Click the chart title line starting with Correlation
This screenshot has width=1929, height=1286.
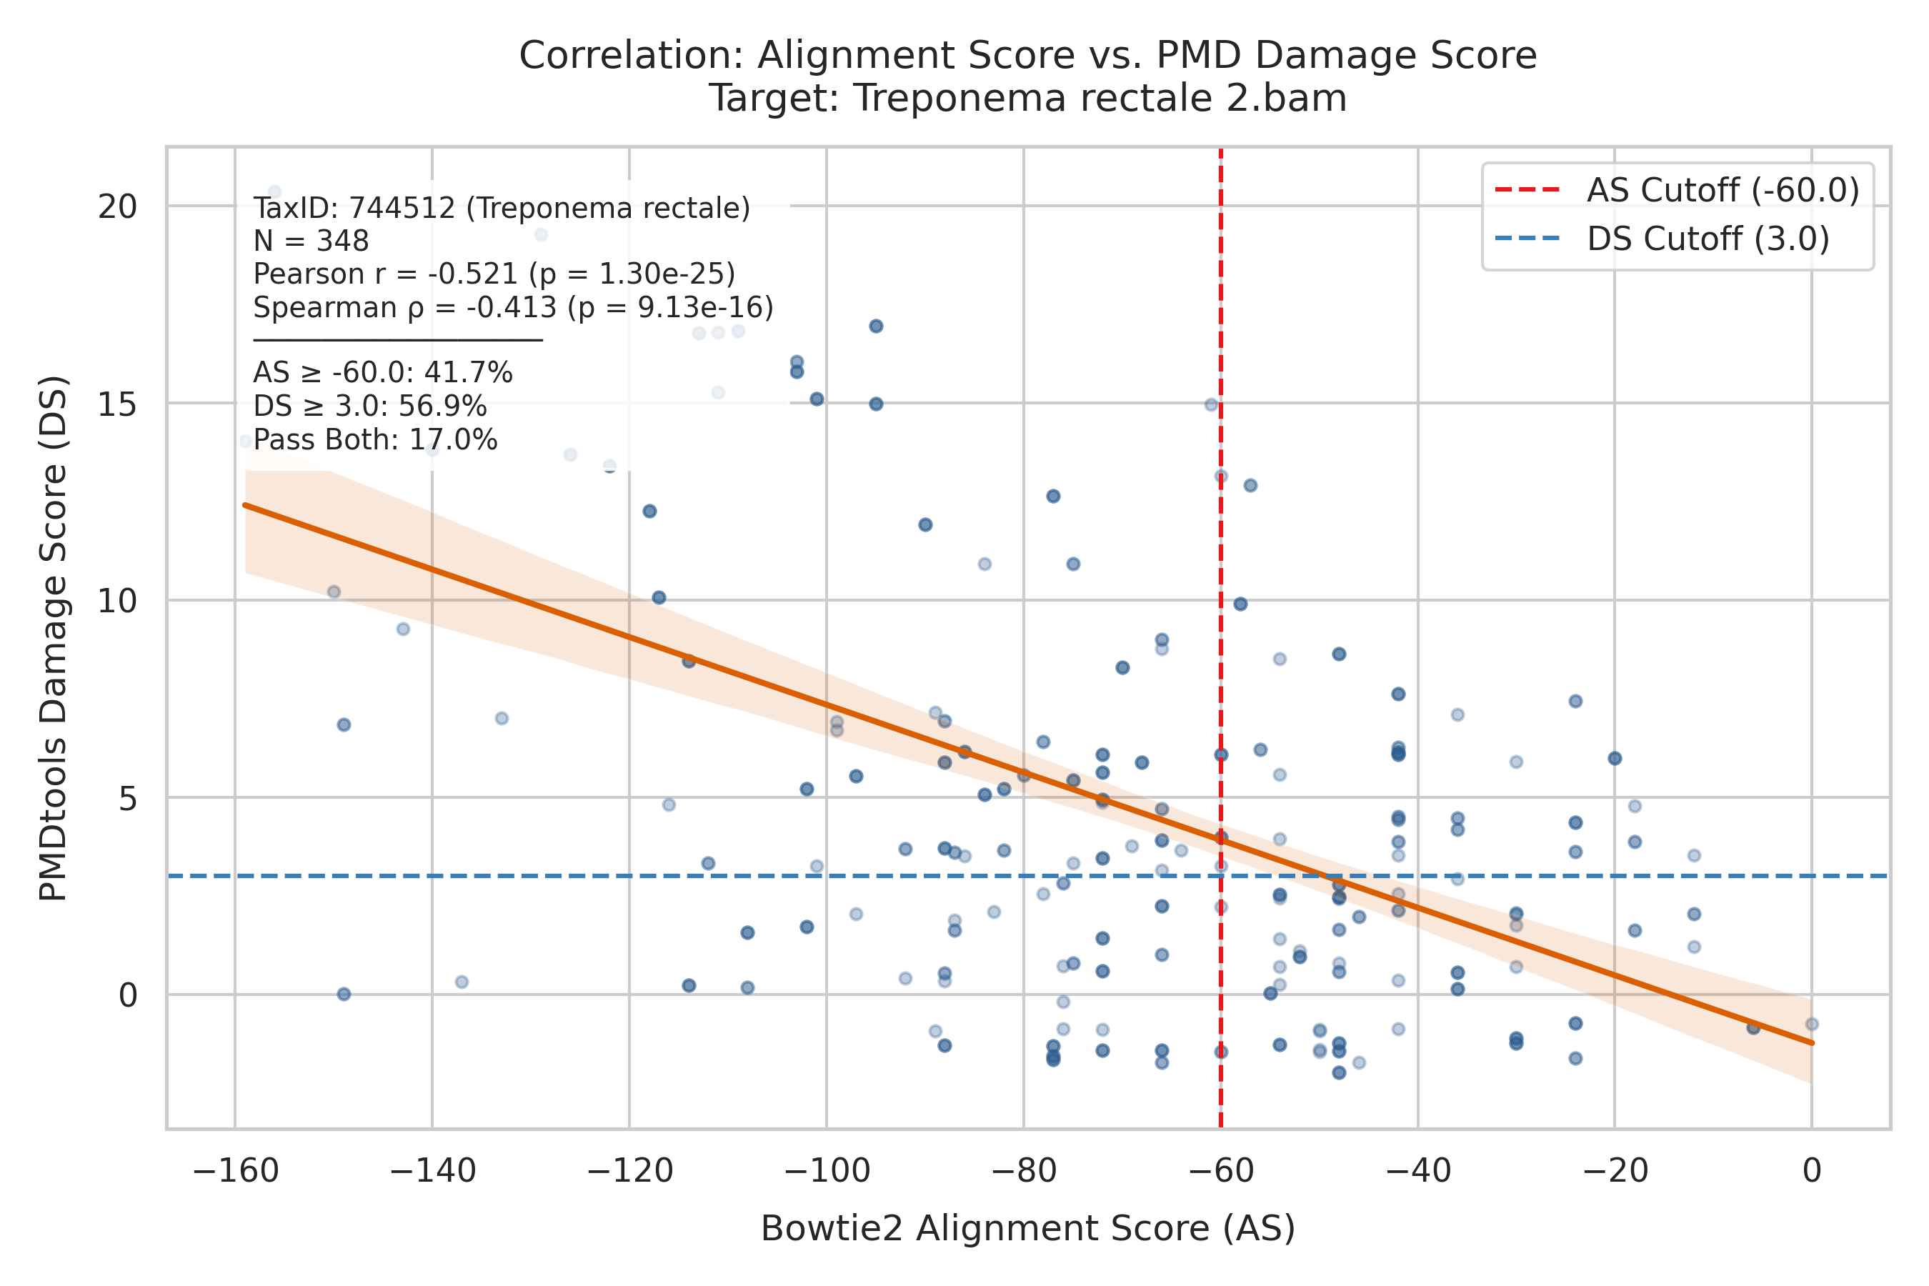coord(1027,56)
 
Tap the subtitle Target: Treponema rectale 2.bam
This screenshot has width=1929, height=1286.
coord(1027,99)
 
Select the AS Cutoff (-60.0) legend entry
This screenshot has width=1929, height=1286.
coord(1678,190)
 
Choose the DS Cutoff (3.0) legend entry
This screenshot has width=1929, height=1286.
coord(1663,239)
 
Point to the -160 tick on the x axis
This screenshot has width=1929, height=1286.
coord(235,1170)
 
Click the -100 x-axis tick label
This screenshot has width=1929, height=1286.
coord(827,1170)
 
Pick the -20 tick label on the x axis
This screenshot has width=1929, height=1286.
coord(1615,1170)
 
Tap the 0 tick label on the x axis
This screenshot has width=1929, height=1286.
coord(1812,1170)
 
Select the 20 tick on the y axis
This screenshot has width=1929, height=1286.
coord(117,206)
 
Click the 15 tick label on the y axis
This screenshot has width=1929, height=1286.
coord(117,404)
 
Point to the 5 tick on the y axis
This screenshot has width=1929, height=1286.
coord(128,798)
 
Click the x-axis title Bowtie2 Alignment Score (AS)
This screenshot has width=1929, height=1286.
coord(1027,1229)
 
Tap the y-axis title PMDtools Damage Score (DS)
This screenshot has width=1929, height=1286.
coord(54,638)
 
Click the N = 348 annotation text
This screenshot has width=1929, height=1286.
coord(311,241)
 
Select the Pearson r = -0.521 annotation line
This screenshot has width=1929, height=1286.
coord(494,274)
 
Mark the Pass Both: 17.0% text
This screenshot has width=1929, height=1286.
coord(375,440)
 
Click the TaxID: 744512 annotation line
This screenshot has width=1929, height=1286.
coord(501,209)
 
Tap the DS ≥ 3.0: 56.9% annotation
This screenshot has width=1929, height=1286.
coord(370,407)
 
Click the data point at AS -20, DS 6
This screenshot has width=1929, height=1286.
coord(1615,759)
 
